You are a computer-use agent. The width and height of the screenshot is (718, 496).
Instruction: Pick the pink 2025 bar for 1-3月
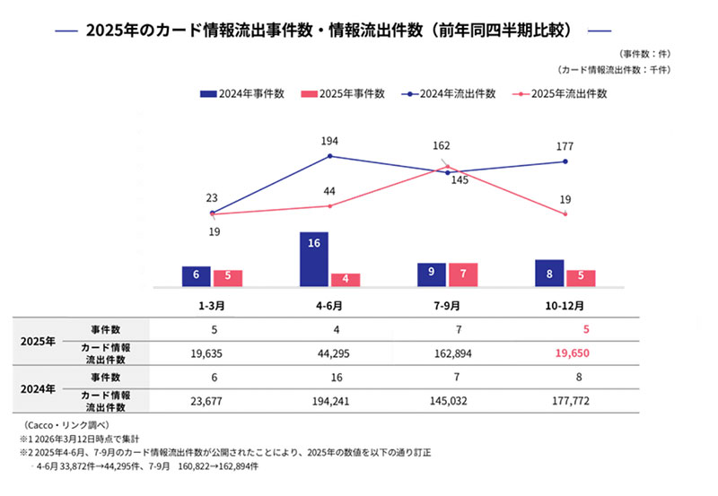228,277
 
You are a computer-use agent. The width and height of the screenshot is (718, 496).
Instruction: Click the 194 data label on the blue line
329,142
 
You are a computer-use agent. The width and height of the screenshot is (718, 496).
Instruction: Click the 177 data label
565,147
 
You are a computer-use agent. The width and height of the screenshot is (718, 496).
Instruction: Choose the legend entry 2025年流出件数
562,93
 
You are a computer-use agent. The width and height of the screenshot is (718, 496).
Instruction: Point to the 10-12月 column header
565,305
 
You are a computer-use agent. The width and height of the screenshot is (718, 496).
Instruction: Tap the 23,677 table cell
213,401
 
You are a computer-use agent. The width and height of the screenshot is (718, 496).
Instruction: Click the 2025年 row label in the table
39,343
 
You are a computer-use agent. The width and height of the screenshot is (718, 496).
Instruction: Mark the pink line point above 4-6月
330,206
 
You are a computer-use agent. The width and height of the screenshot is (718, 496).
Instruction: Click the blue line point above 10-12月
565,161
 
